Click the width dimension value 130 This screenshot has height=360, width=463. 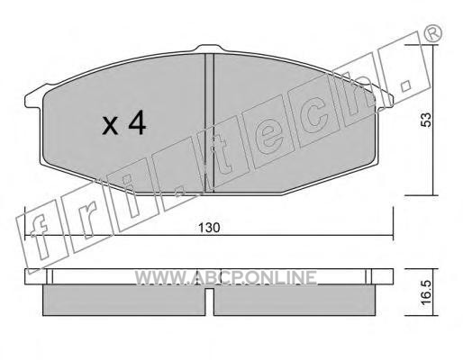click(x=209, y=228)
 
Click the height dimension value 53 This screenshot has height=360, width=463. click(x=426, y=120)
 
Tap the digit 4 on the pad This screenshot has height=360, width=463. click(x=137, y=123)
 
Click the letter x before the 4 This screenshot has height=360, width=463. click(x=110, y=126)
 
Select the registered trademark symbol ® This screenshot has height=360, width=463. click(x=432, y=32)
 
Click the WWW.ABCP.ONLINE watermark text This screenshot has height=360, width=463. click(x=225, y=277)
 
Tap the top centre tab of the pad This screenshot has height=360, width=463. click(x=210, y=49)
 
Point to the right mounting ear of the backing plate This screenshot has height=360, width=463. click(x=384, y=101)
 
